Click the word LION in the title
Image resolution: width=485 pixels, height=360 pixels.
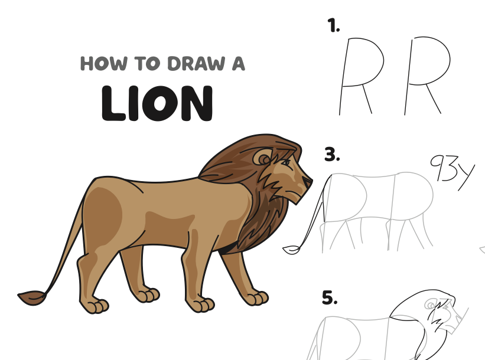tap(157, 103)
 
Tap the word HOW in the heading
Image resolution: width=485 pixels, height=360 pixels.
tap(103, 63)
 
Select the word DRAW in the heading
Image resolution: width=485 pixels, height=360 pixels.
tap(196, 63)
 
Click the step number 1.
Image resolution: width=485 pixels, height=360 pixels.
tap(333, 25)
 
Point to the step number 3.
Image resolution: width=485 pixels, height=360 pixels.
tap(332, 155)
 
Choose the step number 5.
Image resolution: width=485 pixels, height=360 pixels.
tap(330, 297)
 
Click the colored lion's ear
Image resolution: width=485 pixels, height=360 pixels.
tap(263, 158)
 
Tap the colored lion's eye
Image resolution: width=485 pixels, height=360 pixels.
tap(286, 162)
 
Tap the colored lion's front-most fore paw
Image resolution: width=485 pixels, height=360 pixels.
tap(258, 298)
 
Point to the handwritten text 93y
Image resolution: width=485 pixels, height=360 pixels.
tap(452, 169)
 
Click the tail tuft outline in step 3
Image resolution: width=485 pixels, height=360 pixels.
tap(291, 250)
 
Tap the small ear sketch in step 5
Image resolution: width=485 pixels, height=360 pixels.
tap(430, 305)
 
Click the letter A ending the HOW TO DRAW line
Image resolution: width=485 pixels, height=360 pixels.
tap(238, 63)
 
